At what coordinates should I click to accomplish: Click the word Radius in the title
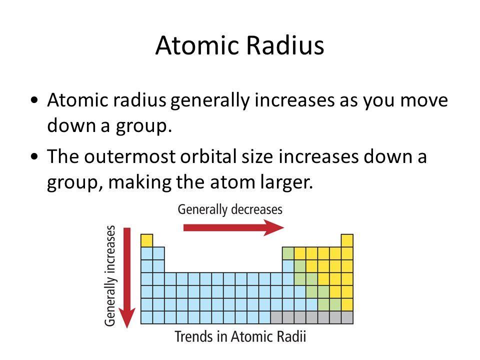[285, 45]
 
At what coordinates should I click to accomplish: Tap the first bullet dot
[34, 100]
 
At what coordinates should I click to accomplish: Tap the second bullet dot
[34, 156]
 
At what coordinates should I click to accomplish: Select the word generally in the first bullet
[210, 101]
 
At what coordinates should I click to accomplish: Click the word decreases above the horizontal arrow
[256, 209]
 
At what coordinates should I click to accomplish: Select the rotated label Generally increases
[110, 276]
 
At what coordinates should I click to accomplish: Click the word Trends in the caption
[194, 336]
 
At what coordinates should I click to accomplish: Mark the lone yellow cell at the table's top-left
[146, 240]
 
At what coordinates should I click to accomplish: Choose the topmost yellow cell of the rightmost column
[347, 240]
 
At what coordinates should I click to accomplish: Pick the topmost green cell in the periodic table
[288, 253]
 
